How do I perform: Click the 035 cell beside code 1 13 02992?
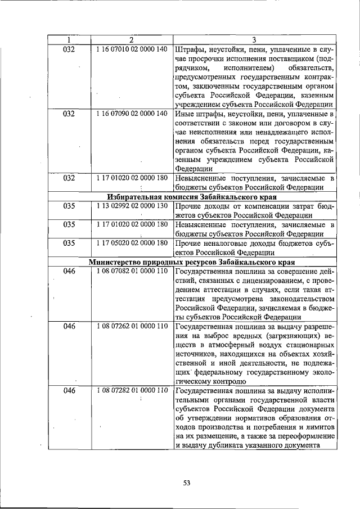[69, 206]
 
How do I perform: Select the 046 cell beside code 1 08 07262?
[69, 326]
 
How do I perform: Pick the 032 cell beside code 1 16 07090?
[69, 113]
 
